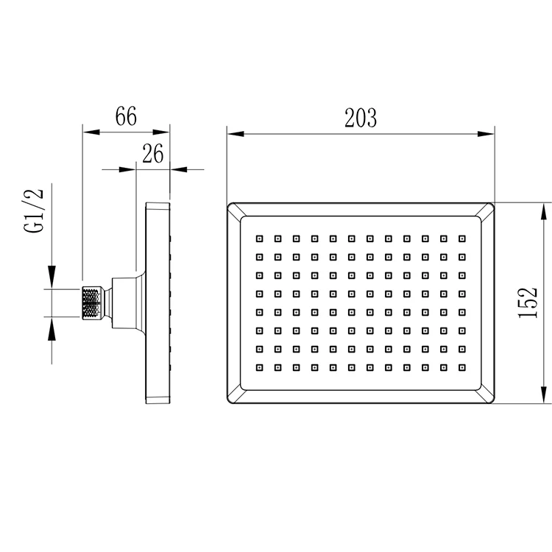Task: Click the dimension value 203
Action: click(361, 118)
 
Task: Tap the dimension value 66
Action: click(126, 117)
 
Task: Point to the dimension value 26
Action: click(152, 153)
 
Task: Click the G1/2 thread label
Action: click(35, 212)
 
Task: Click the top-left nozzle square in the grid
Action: click(259, 238)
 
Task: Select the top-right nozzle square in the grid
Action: click(462, 238)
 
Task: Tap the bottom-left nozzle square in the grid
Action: click(259, 367)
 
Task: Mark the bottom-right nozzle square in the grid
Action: click(462, 367)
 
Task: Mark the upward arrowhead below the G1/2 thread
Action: click(52, 328)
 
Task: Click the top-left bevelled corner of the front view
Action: click(235, 210)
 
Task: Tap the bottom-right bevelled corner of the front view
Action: click(486, 395)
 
